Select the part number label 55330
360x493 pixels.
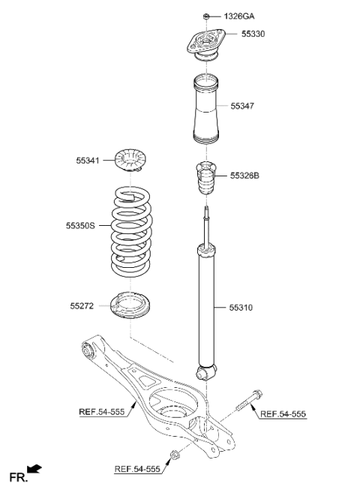[253, 34]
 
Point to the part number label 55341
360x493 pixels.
[88, 159]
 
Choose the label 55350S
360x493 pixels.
[80, 224]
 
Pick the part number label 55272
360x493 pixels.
[83, 305]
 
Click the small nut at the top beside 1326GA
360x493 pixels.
[205, 16]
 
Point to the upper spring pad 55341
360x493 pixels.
[132, 160]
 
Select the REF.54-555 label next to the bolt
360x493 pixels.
[283, 414]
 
